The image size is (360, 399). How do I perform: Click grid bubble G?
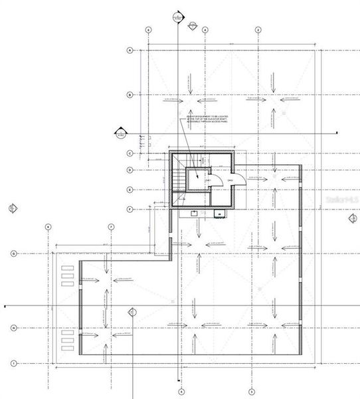[x=13, y=253]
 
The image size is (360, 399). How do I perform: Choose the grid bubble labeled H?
[x=13, y=328]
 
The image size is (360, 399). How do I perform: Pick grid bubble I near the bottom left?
[x=13, y=362]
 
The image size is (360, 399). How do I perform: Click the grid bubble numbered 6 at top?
[x=148, y=30]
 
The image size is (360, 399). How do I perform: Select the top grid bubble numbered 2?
[x=258, y=30]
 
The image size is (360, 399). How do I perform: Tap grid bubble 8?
[x=48, y=227]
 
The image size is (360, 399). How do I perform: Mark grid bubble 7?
[x=111, y=227]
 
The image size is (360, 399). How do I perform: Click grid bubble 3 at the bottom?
[x=251, y=391]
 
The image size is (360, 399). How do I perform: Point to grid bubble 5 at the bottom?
[x=180, y=391]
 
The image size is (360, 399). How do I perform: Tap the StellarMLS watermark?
[x=339, y=198]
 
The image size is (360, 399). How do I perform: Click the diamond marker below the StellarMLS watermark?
[x=353, y=218]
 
